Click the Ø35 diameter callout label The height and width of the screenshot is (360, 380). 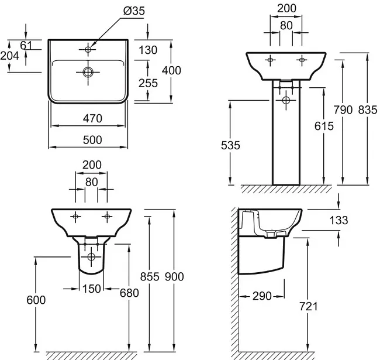(x=134, y=11)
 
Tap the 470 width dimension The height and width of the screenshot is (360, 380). (x=92, y=119)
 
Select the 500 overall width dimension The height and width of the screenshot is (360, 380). (x=92, y=140)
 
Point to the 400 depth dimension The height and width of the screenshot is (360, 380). (x=171, y=70)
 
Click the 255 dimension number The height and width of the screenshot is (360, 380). (x=148, y=83)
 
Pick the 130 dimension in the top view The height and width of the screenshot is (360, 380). (x=148, y=50)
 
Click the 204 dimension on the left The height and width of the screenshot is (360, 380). (x=10, y=56)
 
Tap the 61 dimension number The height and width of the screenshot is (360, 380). (x=26, y=45)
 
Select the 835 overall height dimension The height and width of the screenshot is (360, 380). (x=368, y=110)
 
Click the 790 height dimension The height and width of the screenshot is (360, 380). (x=343, y=110)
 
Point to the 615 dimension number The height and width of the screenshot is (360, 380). (x=324, y=126)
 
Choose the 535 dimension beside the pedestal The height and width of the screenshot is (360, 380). (x=230, y=146)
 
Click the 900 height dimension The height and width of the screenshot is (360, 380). (x=174, y=277)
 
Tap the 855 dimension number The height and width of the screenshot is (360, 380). (x=150, y=277)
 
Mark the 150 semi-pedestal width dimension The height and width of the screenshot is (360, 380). (x=92, y=289)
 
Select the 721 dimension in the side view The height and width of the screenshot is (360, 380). (x=309, y=307)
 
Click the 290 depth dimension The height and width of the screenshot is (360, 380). (x=262, y=296)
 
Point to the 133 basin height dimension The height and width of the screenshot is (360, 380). (x=339, y=221)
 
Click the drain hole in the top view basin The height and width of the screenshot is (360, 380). (x=88, y=72)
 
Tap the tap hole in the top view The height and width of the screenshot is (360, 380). (x=88, y=50)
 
